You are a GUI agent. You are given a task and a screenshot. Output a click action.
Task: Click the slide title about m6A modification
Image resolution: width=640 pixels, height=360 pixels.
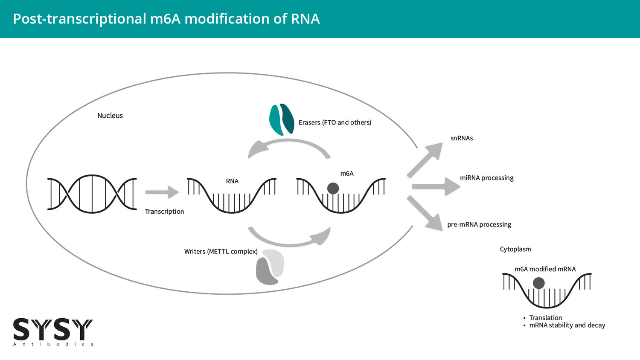pos(166,19)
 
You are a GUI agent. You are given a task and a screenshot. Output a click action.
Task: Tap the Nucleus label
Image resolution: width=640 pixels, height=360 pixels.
pos(110,116)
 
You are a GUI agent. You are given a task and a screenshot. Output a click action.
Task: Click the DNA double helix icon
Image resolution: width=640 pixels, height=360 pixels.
pos(92,194)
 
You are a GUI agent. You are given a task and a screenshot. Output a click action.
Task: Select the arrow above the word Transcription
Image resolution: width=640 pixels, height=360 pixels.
pos(162,192)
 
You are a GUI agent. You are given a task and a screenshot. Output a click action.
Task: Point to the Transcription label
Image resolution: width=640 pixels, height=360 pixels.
pos(164,212)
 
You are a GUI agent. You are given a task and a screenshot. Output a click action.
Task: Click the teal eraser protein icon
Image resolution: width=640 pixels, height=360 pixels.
pos(282,119)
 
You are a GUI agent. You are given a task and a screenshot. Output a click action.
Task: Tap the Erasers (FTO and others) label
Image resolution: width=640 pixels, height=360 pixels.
pos(335,122)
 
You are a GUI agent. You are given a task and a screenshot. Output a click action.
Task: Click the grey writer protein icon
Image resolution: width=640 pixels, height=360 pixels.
pos(270,267)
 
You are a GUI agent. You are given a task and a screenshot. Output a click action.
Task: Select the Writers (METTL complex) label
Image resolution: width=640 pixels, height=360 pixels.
pos(221,251)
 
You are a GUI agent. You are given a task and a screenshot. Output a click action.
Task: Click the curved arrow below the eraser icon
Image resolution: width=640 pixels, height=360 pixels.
pos(288,142)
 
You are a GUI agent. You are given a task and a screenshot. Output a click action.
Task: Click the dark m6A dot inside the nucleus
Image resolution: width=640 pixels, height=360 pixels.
pos(333,189)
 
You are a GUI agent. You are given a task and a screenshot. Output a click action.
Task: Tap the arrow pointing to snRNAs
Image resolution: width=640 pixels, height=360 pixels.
pos(425,160)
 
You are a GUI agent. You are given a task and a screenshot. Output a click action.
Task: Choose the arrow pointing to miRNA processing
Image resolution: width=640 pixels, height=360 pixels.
pos(436,186)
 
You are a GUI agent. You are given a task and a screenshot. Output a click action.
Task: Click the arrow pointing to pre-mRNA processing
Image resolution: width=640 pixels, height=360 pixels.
pos(425,213)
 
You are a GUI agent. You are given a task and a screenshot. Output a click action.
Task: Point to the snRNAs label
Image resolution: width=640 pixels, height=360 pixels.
pos(462,138)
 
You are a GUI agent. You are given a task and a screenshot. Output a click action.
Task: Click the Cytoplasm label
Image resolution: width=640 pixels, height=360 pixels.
pos(515,249)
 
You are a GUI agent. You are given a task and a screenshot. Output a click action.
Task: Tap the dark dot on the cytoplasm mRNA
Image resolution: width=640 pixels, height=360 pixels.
pos(539,283)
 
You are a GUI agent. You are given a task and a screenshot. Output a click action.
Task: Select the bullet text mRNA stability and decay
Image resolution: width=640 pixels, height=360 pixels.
pos(567,325)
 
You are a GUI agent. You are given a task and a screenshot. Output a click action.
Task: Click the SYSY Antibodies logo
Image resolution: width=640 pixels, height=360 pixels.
pos(53,332)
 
